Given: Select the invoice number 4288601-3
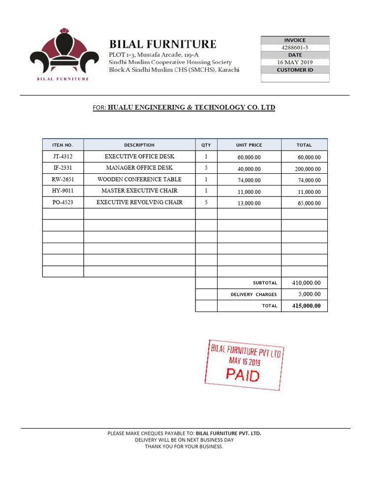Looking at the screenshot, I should tap(294, 48).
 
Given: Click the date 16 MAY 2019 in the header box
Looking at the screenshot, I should tap(294, 63).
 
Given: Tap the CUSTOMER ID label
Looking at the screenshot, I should tap(294, 70).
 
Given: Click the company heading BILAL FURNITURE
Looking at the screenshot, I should tap(162, 44).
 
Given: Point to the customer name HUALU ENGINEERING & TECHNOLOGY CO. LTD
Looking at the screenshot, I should tap(191, 107).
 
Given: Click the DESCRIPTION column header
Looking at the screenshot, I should tap(139, 145).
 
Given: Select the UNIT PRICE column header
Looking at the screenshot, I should tap(249, 145).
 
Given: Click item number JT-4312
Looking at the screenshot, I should tap(63, 157).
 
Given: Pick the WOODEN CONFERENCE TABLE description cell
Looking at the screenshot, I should tap(139, 180).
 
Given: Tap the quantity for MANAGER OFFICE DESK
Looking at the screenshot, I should tap(206, 168).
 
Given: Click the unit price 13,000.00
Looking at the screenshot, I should tap(249, 203).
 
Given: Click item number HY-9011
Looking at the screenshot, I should tap(63, 191).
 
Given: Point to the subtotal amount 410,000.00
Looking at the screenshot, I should tap(306, 283).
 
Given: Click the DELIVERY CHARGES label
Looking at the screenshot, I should tap(253, 295).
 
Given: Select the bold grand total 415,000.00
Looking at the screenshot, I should tap(306, 306).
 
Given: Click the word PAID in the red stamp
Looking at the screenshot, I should tap(243, 375).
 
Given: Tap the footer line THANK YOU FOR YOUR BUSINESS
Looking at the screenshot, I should tap(184, 446).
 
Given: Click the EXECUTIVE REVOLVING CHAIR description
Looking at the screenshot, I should tap(139, 202).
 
